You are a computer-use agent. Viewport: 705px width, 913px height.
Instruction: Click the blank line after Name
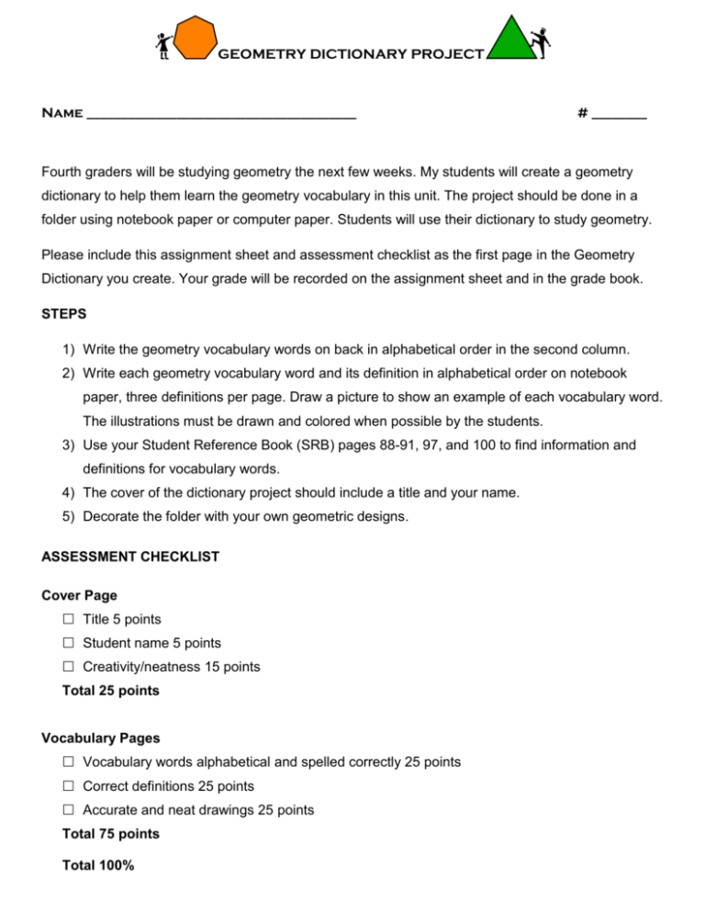coord(220,117)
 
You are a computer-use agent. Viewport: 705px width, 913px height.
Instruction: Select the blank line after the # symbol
coord(620,117)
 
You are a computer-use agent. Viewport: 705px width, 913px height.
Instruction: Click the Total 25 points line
coord(110,690)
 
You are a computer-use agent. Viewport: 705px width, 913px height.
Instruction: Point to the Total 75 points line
coord(110,834)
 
